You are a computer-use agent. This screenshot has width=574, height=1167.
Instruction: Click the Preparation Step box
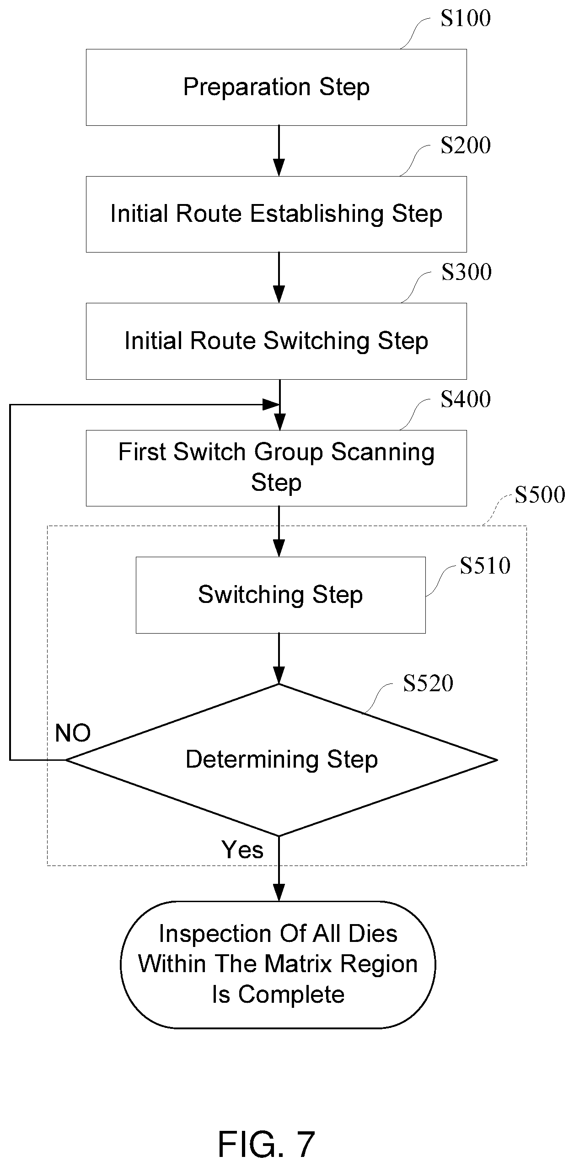(276, 87)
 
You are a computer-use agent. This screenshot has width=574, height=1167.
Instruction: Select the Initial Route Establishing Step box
(276, 214)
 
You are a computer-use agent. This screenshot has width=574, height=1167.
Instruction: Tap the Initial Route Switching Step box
(276, 341)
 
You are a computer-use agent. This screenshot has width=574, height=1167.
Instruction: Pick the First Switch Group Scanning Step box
(276, 468)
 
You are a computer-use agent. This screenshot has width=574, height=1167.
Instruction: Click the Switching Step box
(280, 595)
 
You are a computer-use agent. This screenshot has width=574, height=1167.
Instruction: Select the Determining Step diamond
(281, 760)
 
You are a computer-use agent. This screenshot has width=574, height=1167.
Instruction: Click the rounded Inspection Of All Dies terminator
(278, 964)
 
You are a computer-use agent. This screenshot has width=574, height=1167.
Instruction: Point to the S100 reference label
(466, 18)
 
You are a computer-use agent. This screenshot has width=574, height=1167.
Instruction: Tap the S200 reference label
(466, 145)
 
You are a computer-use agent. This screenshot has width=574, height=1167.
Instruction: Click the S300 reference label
(466, 272)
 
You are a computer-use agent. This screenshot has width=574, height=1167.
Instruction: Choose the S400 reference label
(466, 399)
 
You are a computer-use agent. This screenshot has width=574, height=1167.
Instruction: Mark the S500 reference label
(540, 495)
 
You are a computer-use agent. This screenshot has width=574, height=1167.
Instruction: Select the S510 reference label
(485, 566)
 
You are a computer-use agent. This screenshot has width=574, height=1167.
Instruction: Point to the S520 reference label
(428, 683)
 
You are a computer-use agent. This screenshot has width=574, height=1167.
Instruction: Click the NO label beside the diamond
(73, 733)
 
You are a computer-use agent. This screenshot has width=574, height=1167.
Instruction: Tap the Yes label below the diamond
(242, 850)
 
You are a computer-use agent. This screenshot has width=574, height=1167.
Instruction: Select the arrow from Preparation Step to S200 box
(279, 151)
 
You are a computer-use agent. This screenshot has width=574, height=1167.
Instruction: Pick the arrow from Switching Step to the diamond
(279, 659)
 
